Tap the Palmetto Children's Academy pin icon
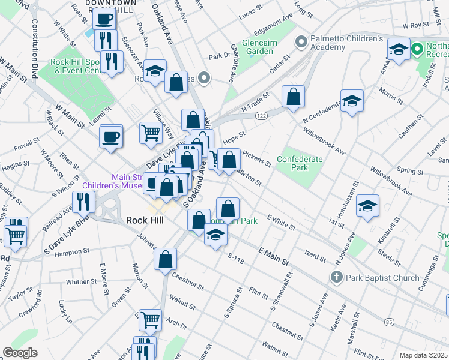[301, 43]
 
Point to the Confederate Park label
[300, 163]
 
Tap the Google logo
[19, 353]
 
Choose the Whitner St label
[77, 281]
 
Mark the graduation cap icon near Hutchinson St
[367, 205]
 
